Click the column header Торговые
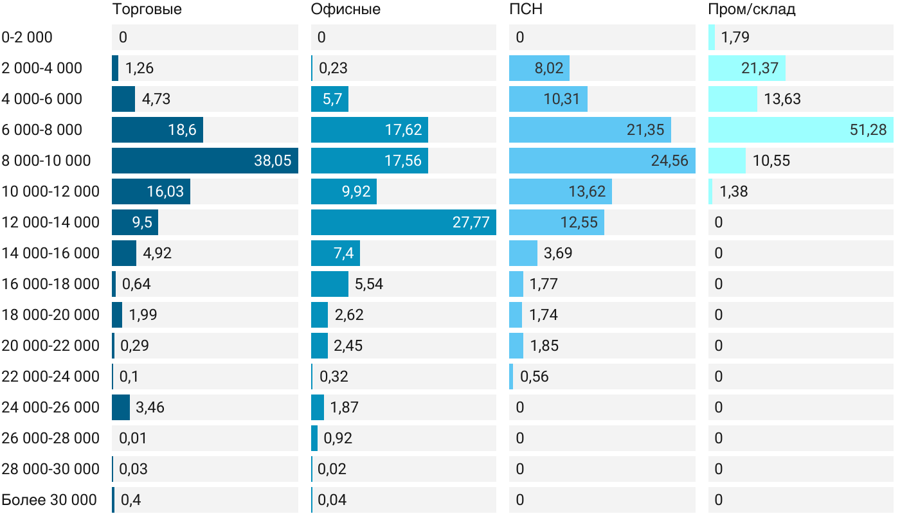[x=147, y=9]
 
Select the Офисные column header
[x=345, y=9]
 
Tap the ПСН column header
[x=521, y=9]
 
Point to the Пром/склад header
[x=751, y=9]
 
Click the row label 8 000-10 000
[x=46, y=161]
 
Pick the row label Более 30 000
[x=49, y=500]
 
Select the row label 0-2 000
[x=27, y=37]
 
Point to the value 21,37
[x=760, y=68]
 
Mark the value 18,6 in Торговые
[x=182, y=130]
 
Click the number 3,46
[x=150, y=407]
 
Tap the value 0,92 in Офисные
[x=338, y=438]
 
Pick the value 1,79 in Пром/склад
[x=735, y=37]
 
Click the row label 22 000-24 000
[x=51, y=377]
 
